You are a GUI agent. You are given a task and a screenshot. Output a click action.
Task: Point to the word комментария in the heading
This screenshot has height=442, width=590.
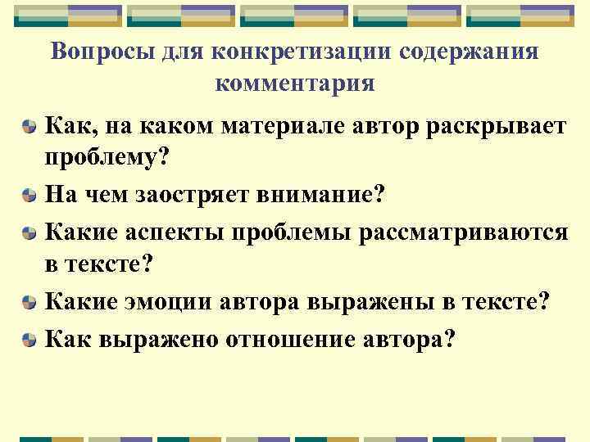tap(295, 83)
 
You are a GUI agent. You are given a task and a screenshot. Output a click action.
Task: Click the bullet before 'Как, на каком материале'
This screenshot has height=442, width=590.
tap(29, 128)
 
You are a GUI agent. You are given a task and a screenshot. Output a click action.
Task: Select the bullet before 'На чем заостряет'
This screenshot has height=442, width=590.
tap(29, 197)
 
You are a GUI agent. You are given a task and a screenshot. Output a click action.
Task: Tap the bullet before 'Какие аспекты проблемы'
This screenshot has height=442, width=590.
tap(29, 233)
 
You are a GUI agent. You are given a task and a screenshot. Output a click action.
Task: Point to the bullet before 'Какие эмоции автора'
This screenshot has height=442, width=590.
tap(29, 303)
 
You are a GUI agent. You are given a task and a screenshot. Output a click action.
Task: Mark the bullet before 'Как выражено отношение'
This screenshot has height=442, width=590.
tap(29, 338)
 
